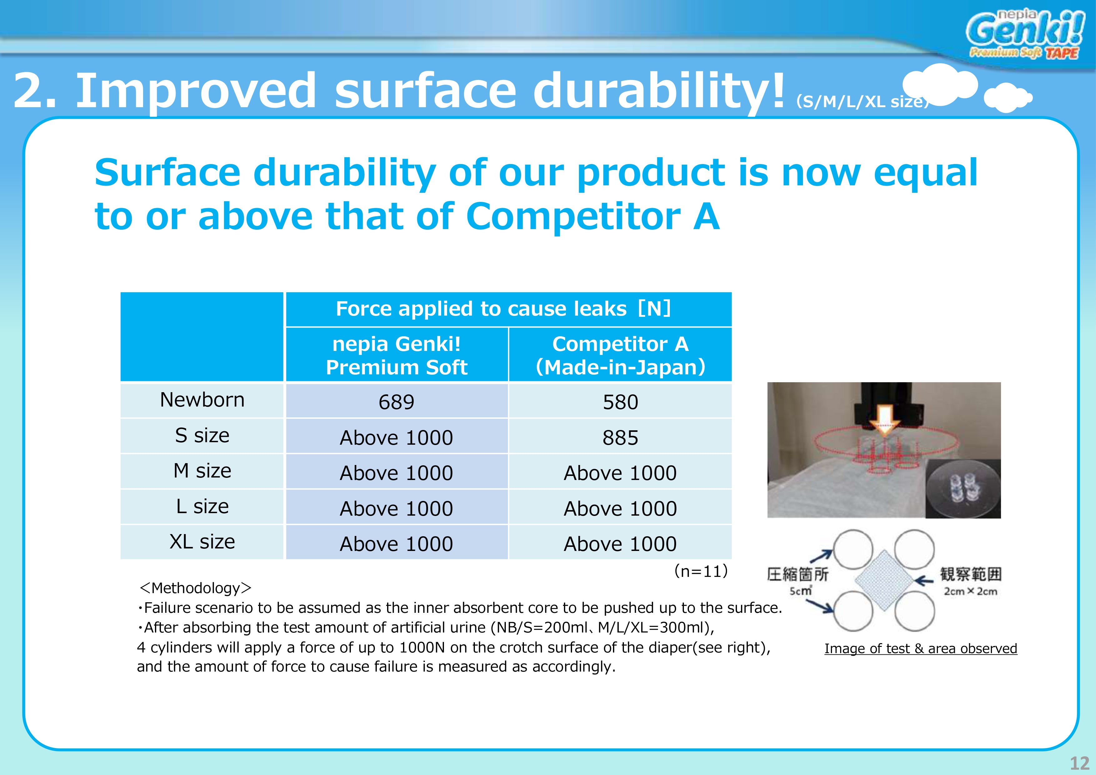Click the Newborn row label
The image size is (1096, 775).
202,400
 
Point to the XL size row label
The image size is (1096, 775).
202,542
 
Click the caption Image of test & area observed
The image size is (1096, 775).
921,648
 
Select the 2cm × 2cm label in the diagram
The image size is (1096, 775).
970,591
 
